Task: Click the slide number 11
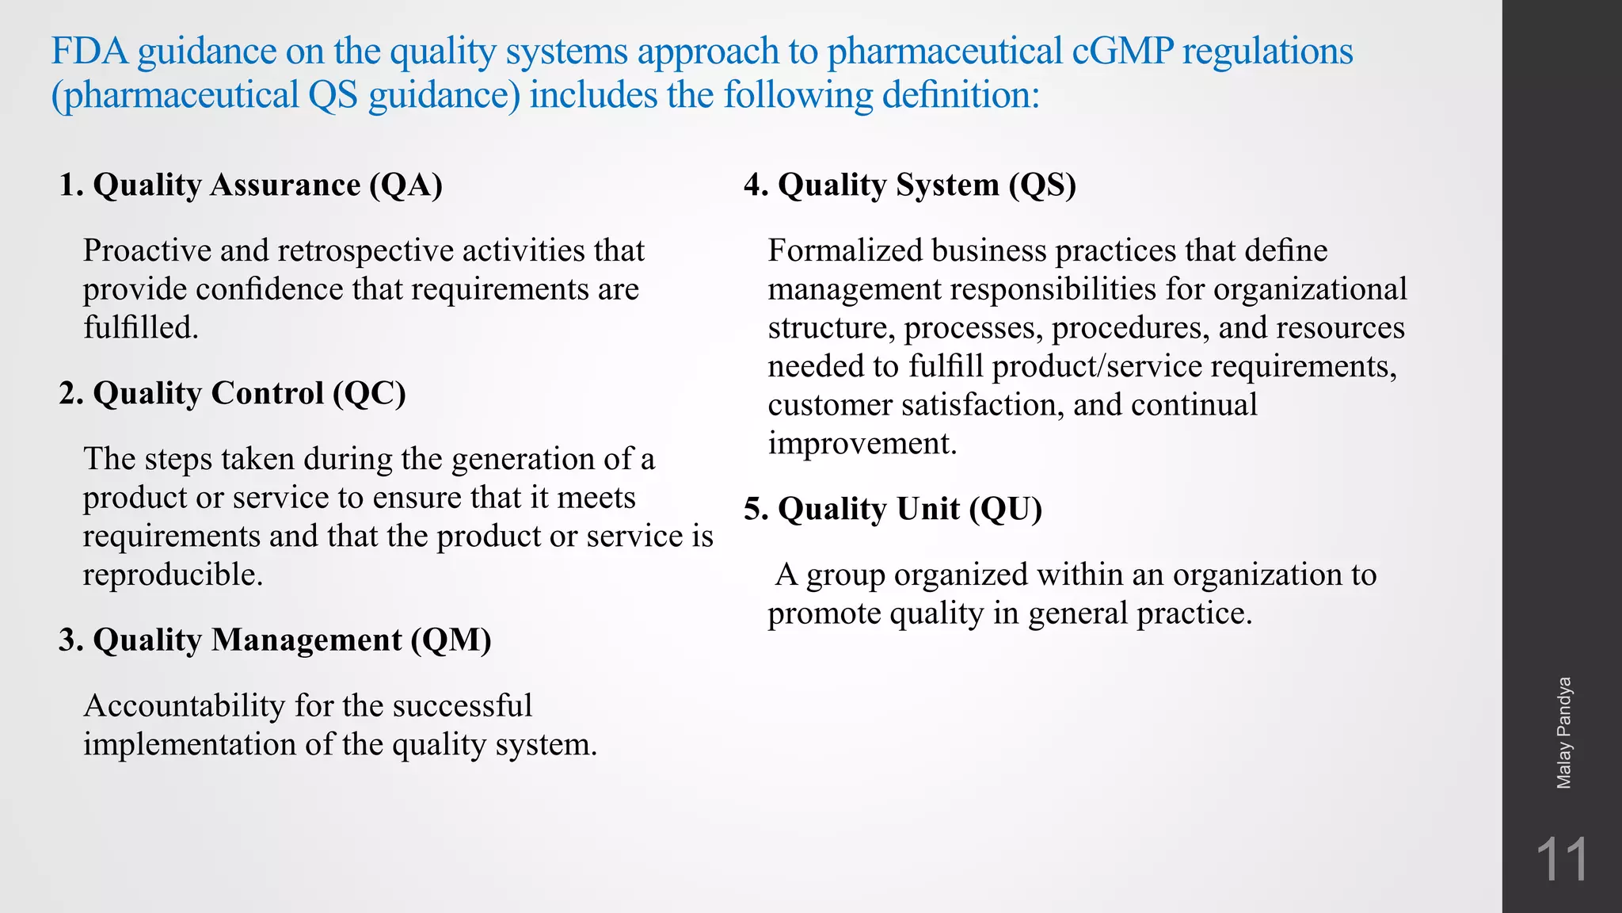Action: pyautogui.click(x=1561, y=860)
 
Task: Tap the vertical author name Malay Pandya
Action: pyautogui.click(x=1563, y=733)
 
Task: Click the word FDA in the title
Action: pyautogui.click(x=89, y=52)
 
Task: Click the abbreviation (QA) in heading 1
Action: pyautogui.click(x=405, y=185)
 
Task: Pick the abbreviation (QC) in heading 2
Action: pyautogui.click(x=369, y=393)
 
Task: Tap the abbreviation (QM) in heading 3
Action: pyautogui.click(x=451, y=640)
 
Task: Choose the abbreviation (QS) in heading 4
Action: pyautogui.click(x=1042, y=185)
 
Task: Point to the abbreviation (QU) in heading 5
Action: pyautogui.click(x=1005, y=509)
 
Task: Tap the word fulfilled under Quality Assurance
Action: pyautogui.click(x=140, y=327)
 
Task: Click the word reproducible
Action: pyautogui.click(x=173, y=575)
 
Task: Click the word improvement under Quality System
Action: pyautogui.click(x=862, y=443)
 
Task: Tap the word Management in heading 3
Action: pyautogui.click(x=307, y=640)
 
